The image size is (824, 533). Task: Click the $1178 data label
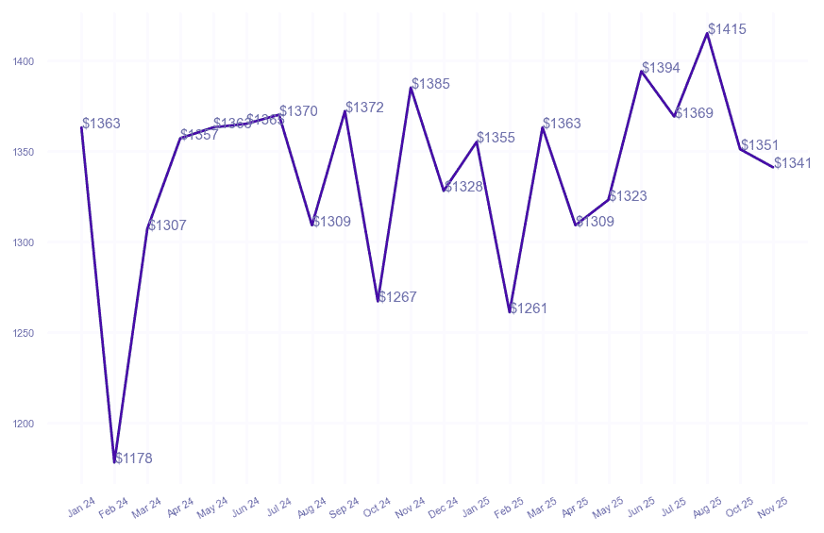tap(133, 459)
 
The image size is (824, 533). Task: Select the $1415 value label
tap(727, 30)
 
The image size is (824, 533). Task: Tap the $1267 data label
tap(397, 298)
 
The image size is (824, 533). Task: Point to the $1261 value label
tap(529, 309)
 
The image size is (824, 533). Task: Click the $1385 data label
tap(430, 85)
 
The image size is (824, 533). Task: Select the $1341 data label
tap(793, 164)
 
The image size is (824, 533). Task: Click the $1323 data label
tap(628, 197)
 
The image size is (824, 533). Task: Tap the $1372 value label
tap(364, 108)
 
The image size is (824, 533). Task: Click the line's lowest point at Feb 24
tap(115, 461)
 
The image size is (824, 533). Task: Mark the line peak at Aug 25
tap(707, 33)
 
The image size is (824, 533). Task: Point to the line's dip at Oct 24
tap(378, 300)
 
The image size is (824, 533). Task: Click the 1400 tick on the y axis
tap(24, 62)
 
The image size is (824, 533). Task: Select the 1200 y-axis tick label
tap(24, 425)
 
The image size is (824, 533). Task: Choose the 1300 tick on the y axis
tap(24, 243)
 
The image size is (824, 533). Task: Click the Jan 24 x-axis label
tap(81, 508)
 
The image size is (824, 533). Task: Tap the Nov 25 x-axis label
tap(772, 508)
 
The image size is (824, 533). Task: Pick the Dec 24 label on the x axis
tap(443, 508)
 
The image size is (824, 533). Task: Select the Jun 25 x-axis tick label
tap(640, 508)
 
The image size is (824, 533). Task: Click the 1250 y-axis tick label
tap(24, 334)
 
